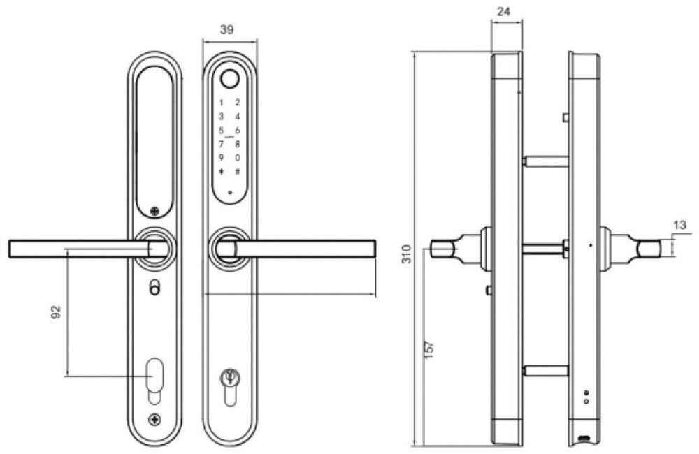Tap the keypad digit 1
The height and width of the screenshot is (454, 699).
coord(222,103)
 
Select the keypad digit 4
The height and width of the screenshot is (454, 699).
coord(238,117)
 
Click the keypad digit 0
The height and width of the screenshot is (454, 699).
coord(238,158)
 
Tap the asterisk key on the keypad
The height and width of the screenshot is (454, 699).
coord(222,173)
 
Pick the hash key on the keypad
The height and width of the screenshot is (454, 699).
coord(238,173)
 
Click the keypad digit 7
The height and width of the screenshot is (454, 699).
coord(222,145)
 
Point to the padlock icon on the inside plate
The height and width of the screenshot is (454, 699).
coord(154,286)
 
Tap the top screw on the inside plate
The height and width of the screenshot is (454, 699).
coord(154,210)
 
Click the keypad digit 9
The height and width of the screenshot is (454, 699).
coord(222,158)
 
